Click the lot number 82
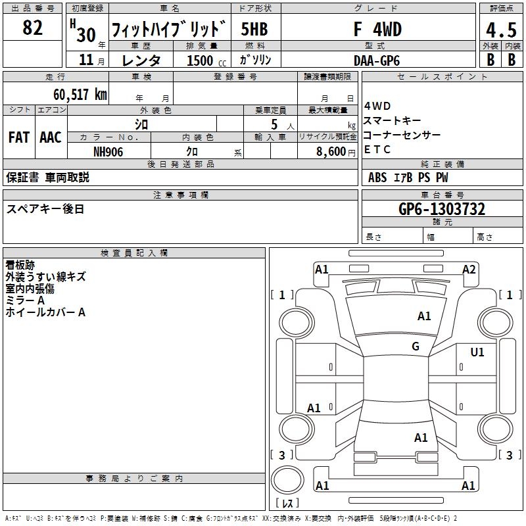[33, 28]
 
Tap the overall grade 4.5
[500, 30]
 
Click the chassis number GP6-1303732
[442, 209]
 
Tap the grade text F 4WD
[377, 30]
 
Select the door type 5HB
[254, 30]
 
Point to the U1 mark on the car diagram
[477, 352]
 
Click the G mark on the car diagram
[416, 347]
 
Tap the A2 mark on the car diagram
[469, 269]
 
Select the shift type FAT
[19, 137]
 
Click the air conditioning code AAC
[51, 137]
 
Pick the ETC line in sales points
[377, 149]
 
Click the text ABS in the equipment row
[377, 177]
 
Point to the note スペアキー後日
[45, 209]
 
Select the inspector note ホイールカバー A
[45, 312]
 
